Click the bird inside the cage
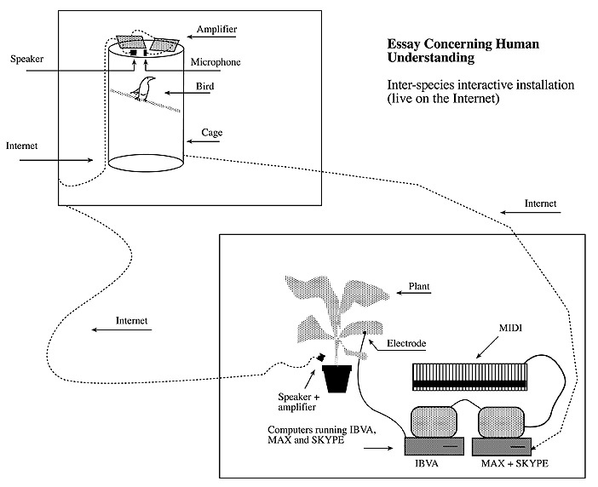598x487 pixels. (x=148, y=88)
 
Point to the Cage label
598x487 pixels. (x=212, y=133)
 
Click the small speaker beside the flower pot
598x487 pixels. (x=323, y=358)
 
